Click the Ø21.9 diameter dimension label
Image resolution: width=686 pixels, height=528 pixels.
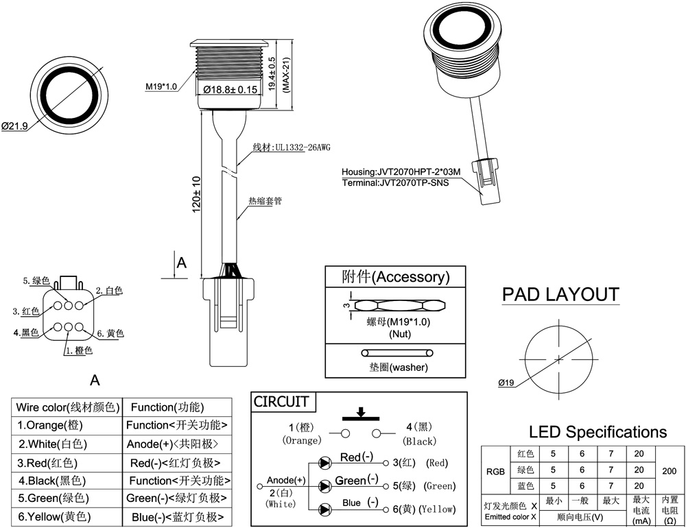coord(14,126)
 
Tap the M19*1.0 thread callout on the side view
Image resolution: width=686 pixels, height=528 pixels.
coord(161,87)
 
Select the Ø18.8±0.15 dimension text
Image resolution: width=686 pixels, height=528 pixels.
coord(230,90)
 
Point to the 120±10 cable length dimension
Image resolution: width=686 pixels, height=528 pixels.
coord(196,195)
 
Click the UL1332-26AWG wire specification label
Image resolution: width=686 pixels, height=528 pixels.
coord(301,147)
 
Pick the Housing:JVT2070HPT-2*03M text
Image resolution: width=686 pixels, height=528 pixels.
coord(401,172)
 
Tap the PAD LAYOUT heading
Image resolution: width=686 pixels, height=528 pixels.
coord(560,295)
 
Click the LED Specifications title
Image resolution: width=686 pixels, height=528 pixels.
coord(598,432)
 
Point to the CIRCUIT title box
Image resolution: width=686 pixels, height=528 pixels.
coord(281,402)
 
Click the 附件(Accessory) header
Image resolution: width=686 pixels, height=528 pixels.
coord(396,277)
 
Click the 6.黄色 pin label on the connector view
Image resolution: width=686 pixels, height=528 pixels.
coord(110,333)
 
